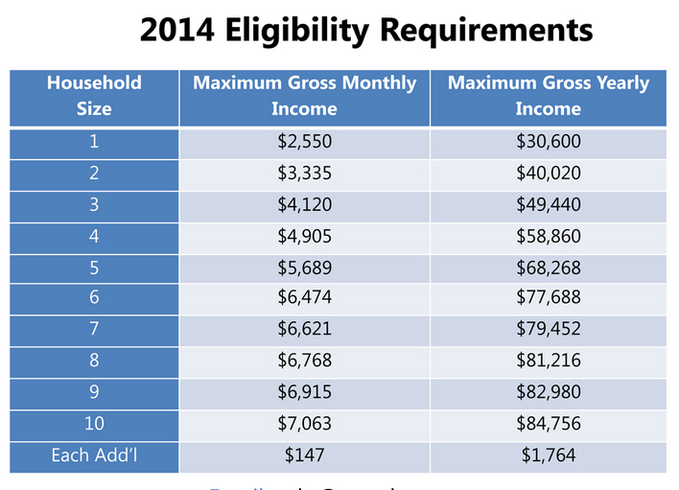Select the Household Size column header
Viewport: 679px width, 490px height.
pos(94,96)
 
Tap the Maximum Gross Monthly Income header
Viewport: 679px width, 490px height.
pos(304,96)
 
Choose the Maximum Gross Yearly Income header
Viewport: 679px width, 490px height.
pos(548,96)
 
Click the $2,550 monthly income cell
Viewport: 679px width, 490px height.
pos(304,143)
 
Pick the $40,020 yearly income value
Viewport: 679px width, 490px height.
pos(548,174)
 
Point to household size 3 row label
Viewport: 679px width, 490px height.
pos(94,205)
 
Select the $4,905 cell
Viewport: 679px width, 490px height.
pos(304,236)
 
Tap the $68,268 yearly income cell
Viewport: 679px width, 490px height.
pos(548,267)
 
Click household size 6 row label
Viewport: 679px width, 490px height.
pos(94,298)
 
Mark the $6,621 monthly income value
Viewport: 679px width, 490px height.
pos(304,330)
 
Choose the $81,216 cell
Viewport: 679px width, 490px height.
pos(548,361)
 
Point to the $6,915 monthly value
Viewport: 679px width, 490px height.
pos(304,392)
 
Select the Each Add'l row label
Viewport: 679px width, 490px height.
pos(94,455)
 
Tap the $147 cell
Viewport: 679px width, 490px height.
pos(304,455)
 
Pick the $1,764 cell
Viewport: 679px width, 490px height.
pos(548,455)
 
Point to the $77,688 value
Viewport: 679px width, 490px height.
pos(548,298)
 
